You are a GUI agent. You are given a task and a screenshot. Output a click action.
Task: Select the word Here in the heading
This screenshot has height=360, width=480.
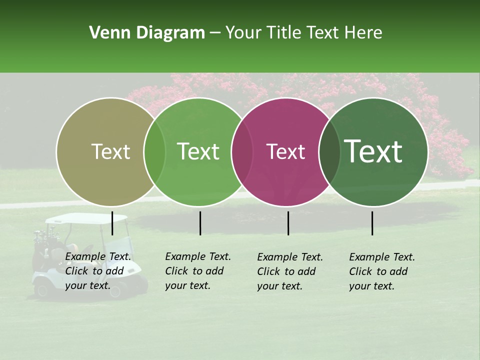click(x=364, y=33)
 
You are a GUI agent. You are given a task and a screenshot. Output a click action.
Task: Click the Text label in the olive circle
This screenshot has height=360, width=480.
click(x=110, y=151)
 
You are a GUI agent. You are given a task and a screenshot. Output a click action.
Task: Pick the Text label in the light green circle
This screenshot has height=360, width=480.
click(x=198, y=151)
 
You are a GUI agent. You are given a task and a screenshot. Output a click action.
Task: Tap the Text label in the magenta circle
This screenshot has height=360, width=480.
click(x=285, y=151)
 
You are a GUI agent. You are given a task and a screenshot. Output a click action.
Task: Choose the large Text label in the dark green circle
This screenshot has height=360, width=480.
click(x=373, y=151)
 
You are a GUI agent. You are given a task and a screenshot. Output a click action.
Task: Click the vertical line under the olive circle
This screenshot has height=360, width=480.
click(x=112, y=223)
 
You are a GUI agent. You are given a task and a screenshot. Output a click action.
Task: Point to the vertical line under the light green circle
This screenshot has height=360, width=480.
click(x=200, y=223)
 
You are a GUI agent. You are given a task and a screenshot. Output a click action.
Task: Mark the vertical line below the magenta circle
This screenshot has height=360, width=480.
click(x=288, y=223)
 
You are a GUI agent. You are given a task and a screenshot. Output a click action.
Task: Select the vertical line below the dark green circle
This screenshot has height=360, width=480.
click(x=372, y=223)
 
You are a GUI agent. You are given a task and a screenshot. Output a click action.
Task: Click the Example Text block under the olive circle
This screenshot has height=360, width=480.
click(x=98, y=271)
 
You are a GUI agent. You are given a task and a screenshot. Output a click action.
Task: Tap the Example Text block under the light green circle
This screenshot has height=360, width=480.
click(x=198, y=271)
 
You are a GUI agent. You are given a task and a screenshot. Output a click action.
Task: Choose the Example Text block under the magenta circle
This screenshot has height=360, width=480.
click(x=290, y=271)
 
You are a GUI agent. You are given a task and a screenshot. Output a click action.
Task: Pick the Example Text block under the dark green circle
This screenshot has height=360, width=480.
click(x=382, y=271)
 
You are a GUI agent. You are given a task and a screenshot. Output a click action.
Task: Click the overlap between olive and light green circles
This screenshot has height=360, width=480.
click(x=154, y=151)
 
